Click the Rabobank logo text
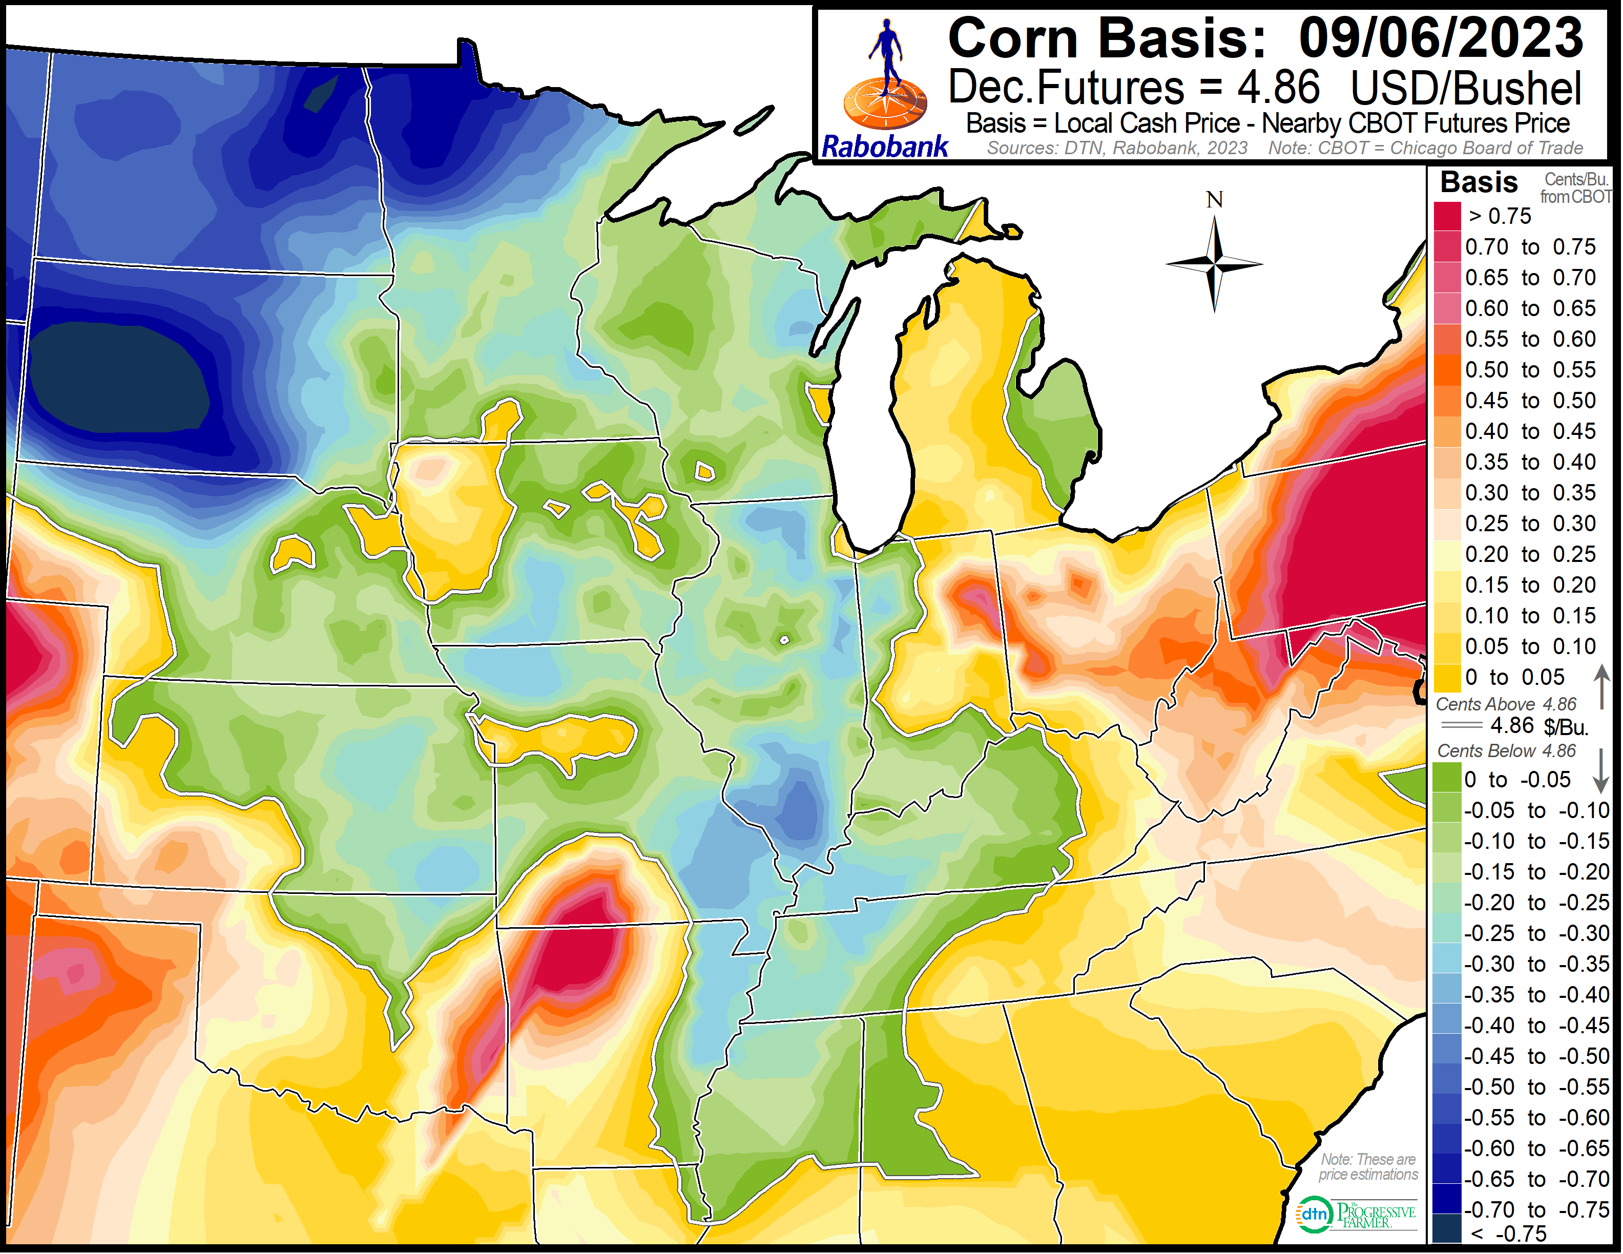click(x=884, y=147)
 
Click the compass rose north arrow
click(x=1214, y=260)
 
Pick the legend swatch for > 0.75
click(x=1447, y=216)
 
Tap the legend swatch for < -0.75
click(x=1447, y=1232)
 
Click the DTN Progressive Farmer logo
click(x=1356, y=1215)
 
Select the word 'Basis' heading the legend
click(x=1479, y=182)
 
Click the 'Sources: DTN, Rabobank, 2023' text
click(x=1117, y=148)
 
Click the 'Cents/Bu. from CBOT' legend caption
click(x=1575, y=189)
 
